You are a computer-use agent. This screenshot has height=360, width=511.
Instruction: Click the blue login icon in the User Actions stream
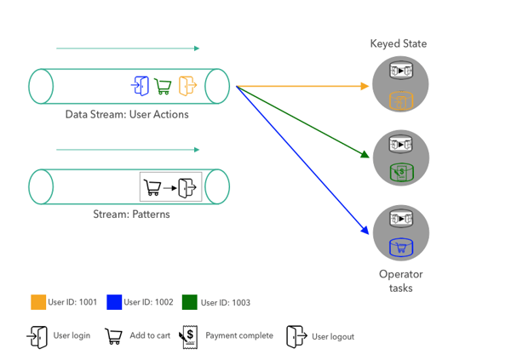point(140,85)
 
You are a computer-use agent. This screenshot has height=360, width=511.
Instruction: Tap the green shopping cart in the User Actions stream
point(163,86)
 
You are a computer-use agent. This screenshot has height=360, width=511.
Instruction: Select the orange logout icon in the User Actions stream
point(187,85)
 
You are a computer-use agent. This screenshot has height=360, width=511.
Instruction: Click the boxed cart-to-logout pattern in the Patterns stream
point(170,186)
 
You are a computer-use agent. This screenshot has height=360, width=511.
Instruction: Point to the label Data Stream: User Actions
point(127,114)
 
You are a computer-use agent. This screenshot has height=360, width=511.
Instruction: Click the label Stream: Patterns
point(131,214)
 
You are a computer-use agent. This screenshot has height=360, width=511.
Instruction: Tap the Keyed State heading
point(399,43)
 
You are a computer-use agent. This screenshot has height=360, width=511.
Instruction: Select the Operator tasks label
point(400,281)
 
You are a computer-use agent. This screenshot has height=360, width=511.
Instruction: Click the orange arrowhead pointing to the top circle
point(365,86)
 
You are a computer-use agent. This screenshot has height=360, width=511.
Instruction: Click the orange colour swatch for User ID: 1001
point(37,301)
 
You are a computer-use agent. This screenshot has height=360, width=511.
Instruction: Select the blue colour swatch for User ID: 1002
point(113,301)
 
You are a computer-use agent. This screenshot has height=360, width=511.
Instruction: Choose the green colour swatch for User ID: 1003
point(189,301)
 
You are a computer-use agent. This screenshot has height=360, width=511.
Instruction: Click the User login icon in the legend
point(37,336)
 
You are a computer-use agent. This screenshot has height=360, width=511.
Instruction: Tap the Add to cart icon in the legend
point(112,336)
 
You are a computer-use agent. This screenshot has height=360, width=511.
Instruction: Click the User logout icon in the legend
point(296,336)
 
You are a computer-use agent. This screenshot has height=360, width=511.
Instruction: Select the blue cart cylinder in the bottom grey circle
point(400,247)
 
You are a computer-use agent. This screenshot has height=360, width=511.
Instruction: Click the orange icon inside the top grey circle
point(400,101)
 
